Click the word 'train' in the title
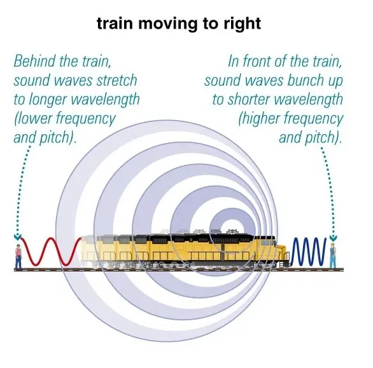tap(115, 24)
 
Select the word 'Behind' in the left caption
tap(34, 61)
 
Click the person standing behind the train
tap(18, 257)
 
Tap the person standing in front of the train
tap(333, 256)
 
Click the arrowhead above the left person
tap(17, 236)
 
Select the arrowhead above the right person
tap(334, 237)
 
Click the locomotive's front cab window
tap(266, 243)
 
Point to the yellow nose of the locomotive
tap(281, 253)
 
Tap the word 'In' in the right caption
tap(233, 61)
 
